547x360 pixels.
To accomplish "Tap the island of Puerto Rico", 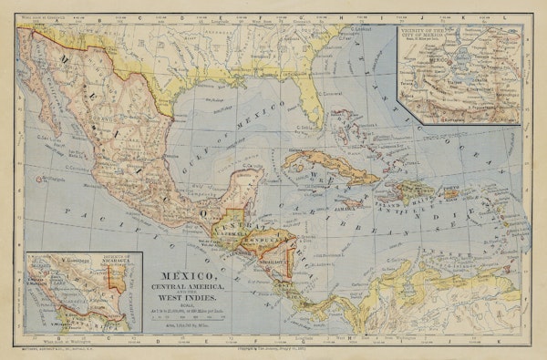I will pos(449,192).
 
